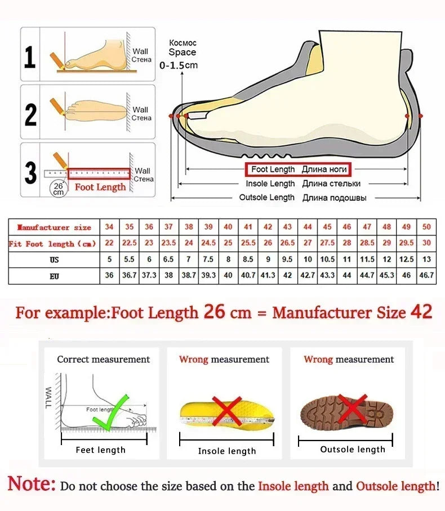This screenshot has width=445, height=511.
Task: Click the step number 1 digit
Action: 30,57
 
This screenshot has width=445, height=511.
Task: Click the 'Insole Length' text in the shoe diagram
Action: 270,184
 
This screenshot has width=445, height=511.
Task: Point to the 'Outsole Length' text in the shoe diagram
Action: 266,197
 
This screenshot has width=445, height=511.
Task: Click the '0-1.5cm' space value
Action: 179,65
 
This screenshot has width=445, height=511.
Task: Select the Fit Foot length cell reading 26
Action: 268,243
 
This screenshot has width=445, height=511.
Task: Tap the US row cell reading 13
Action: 426,260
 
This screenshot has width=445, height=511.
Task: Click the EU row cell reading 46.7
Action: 426,276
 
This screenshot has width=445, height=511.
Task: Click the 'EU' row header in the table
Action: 54,276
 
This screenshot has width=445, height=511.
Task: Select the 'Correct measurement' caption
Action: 104,359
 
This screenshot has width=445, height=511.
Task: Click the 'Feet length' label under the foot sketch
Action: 101,450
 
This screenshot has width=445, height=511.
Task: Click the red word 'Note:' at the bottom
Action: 32,483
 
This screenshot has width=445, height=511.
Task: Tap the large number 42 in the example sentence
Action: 421,312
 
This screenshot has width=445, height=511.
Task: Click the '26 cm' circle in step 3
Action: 59,188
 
